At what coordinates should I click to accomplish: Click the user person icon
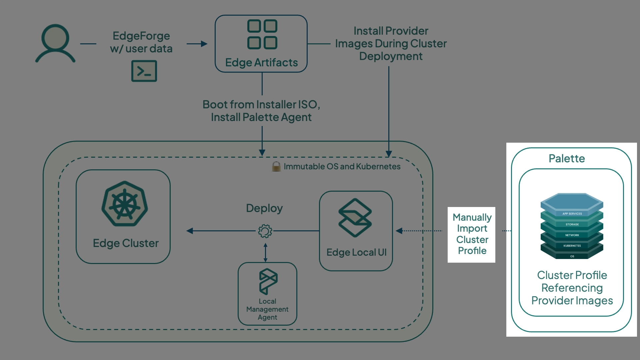pyautogui.click(x=55, y=43)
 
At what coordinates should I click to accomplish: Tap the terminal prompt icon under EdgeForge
pyautogui.click(x=144, y=71)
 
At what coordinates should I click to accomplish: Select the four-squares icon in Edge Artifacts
pyautogui.click(x=262, y=34)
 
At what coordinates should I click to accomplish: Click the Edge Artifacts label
pyautogui.click(x=261, y=63)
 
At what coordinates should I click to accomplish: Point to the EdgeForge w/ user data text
pyautogui.click(x=141, y=42)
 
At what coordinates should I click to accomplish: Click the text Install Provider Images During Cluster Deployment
pyautogui.click(x=391, y=44)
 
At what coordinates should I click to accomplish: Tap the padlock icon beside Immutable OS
pyautogui.click(x=276, y=166)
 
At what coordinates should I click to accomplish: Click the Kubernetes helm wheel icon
pyautogui.click(x=125, y=204)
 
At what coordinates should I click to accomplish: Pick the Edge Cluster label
pyautogui.click(x=126, y=243)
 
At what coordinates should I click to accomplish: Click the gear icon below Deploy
pyautogui.click(x=265, y=231)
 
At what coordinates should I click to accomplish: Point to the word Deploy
pyautogui.click(x=264, y=208)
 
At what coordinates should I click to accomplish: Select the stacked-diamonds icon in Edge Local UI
pyautogui.click(x=355, y=218)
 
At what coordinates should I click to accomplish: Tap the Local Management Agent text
pyautogui.click(x=267, y=309)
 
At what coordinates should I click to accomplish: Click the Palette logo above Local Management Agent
pyautogui.click(x=268, y=281)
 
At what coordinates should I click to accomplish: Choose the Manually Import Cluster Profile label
pyautogui.click(x=472, y=234)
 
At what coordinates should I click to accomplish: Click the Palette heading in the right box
pyautogui.click(x=567, y=159)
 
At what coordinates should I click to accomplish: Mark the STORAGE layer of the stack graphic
pyautogui.click(x=572, y=224)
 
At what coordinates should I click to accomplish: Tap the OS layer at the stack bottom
pyautogui.click(x=572, y=256)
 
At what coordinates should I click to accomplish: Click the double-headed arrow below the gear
pyautogui.click(x=265, y=252)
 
